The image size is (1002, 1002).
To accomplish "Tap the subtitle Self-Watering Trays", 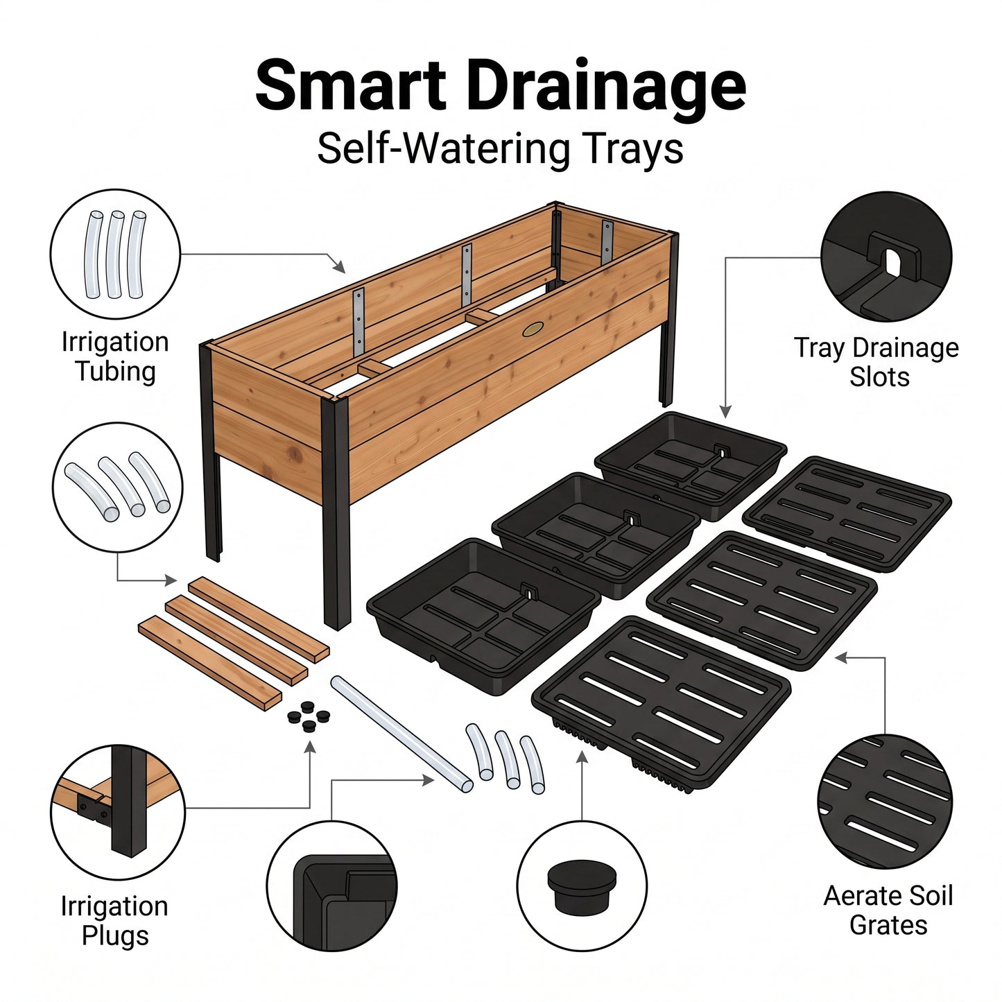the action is click(x=500, y=149).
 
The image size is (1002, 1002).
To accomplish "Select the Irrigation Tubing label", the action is click(x=115, y=356).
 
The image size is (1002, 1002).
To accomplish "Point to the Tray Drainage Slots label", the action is click(x=876, y=363).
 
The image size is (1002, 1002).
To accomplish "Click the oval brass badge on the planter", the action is click(x=533, y=329).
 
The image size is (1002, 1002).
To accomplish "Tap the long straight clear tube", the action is click(x=401, y=734).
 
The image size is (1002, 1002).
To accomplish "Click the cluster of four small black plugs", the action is click(x=309, y=716).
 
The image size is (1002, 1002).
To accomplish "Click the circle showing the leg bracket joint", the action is click(x=118, y=812).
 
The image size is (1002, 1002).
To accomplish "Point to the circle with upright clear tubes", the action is click(x=115, y=254).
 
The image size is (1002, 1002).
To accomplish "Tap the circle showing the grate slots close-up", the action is click(x=885, y=801).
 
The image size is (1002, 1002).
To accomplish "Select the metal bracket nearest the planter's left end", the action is click(x=359, y=322).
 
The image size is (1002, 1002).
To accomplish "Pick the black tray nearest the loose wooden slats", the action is click(x=484, y=616).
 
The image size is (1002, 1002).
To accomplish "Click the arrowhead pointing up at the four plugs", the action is click(x=310, y=748).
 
